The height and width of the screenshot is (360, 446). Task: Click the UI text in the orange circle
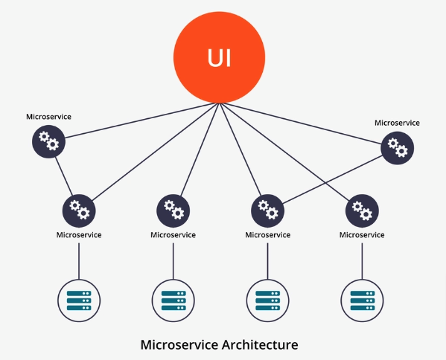219,58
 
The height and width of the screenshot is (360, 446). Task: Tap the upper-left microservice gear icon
48,141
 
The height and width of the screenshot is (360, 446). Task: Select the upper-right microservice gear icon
398,148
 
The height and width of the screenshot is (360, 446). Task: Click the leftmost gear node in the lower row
79,210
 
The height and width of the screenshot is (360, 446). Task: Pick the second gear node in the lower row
173,210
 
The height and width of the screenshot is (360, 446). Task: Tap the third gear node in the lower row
267,210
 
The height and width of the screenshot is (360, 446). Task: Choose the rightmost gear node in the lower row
362,210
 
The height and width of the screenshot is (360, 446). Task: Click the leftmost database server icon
79,300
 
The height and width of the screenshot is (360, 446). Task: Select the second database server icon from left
173,300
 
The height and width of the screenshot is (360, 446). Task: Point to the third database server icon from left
267,300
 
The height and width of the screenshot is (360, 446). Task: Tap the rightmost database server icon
362,300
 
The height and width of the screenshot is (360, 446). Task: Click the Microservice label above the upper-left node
48,117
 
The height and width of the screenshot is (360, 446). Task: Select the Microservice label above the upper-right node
397,123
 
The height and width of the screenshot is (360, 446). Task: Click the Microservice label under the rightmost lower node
362,235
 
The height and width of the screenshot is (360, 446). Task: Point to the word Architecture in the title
260,344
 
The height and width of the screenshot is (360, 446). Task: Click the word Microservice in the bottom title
179,344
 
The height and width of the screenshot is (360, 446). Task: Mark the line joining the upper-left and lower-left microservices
64,176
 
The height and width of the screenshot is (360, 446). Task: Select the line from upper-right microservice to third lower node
333,179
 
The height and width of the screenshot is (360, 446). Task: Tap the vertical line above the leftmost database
79,261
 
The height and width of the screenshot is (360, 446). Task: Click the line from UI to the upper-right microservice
301,123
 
